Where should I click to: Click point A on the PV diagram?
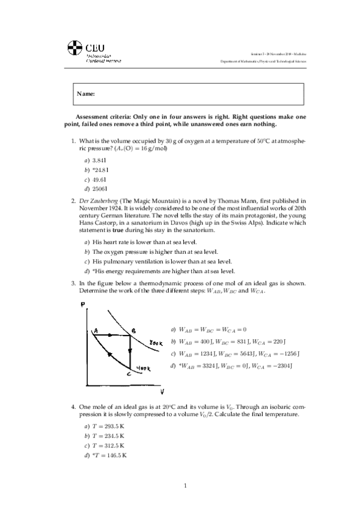point(95,330)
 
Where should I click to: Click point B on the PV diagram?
point(133,330)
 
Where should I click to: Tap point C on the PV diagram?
point(129,373)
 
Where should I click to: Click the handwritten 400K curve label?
point(142,368)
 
